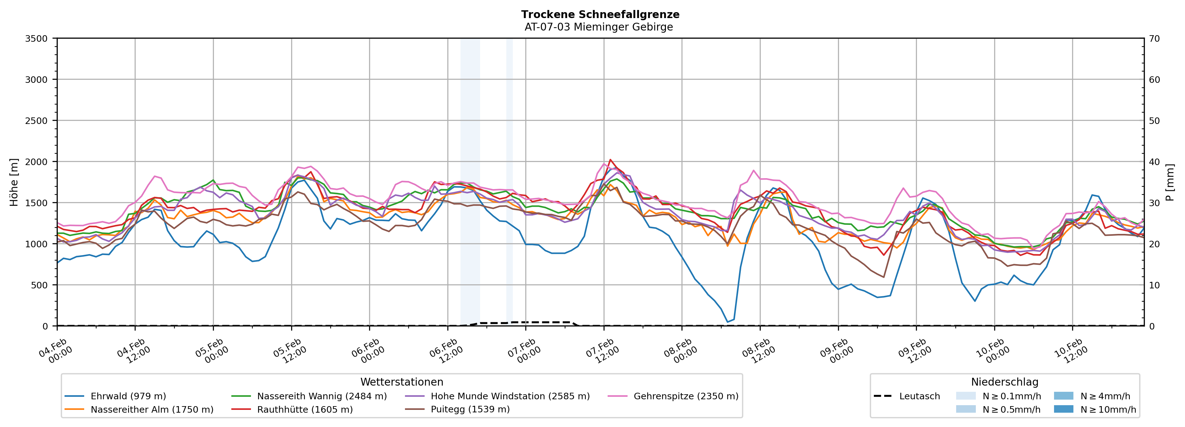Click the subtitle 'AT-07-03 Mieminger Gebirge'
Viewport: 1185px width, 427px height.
599,27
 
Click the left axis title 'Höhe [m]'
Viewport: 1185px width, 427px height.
14,182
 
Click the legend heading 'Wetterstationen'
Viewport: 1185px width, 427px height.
402,382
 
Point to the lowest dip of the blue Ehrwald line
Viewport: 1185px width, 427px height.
727,322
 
